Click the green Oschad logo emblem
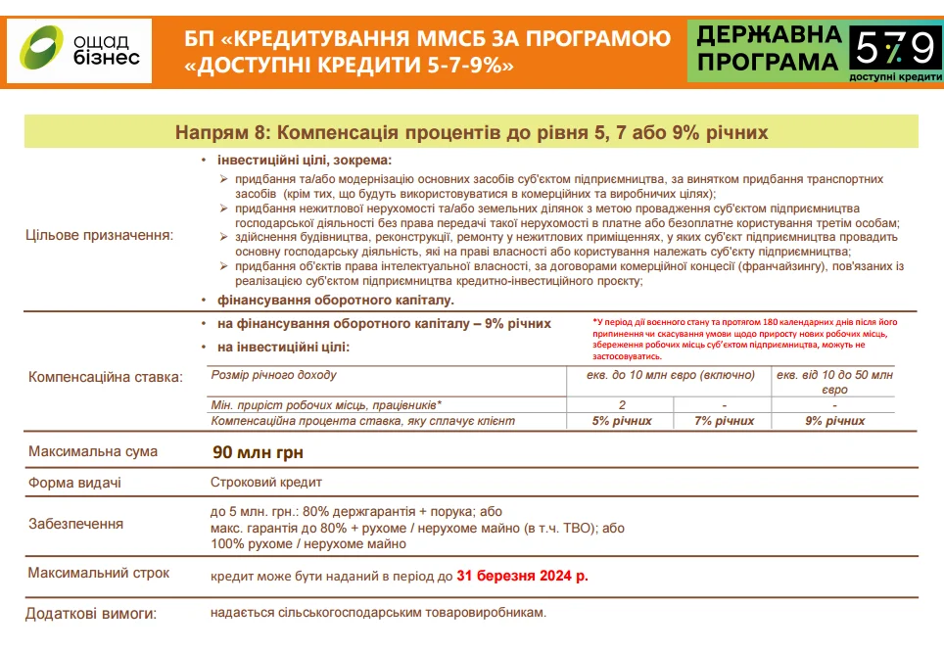pyautogui.click(x=44, y=50)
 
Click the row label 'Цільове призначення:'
pyautogui.click(x=98, y=235)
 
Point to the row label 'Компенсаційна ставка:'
pyautogui.click(x=106, y=377)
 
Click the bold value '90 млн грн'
pyautogui.click(x=260, y=453)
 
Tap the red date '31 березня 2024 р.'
pyautogui.click(x=522, y=576)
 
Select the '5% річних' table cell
pyautogui.click(x=622, y=421)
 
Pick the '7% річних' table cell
pyautogui.click(x=724, y=421)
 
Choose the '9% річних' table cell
pyautogui.click(x=834, y=421)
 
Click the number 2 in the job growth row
pyautogui.click(x=622, y=404)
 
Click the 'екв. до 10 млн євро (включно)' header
pyautogui.click(x=671, y=375)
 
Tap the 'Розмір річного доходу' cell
pyautogui.click(x=274, y=375)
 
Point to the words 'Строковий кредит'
pyautogui.click(x=265, y=483)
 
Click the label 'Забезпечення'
pyautogui.click(x=76, y=524)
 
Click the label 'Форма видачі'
pyautogui.click(x=75, y=483)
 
